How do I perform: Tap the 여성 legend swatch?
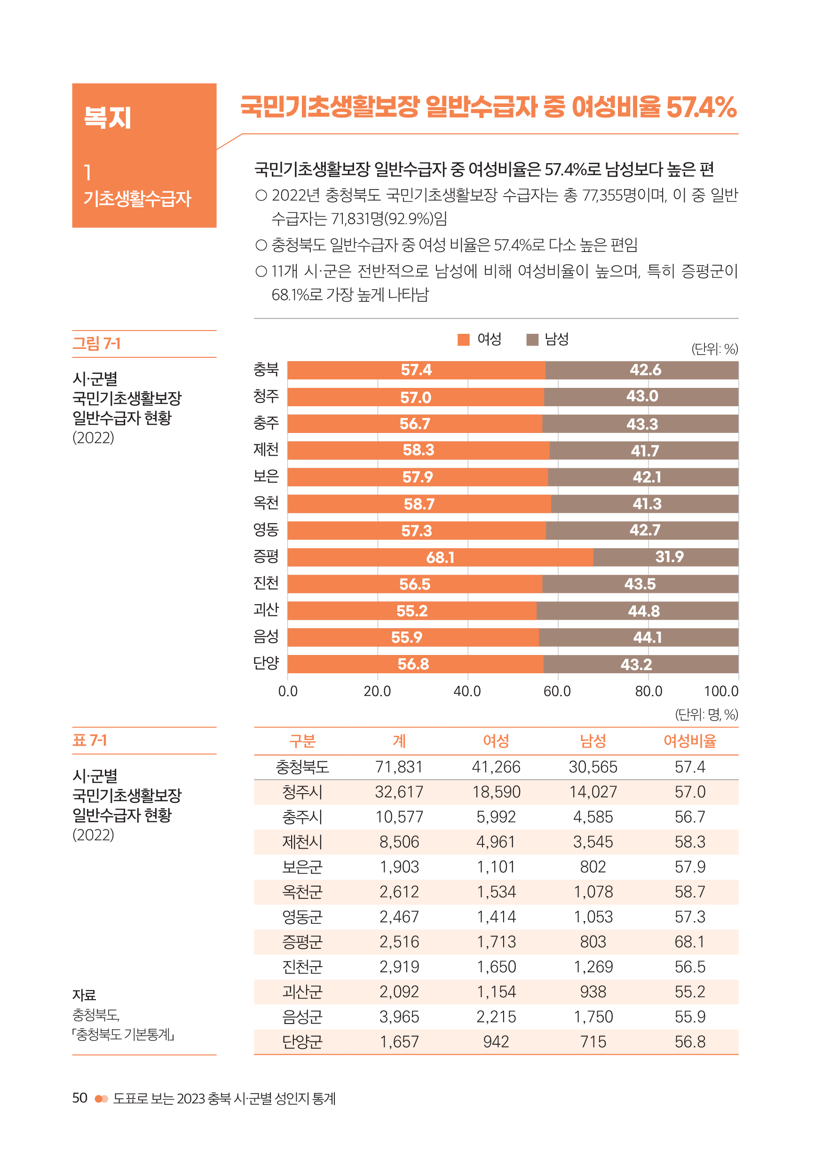(463, 340)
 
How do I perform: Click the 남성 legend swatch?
(532, 340)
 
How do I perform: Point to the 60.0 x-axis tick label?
(557, 691)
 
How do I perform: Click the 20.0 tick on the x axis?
(377, 691)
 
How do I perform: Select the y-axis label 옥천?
(266, 503)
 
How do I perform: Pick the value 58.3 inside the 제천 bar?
(418, 450)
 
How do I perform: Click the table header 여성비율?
(689, 741)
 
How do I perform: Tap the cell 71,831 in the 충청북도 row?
(399, 767)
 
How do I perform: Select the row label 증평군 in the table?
(302, 942)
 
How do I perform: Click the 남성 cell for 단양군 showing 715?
(593, 1042)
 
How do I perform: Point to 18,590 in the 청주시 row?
(496, 792)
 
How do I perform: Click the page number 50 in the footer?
(80, 1098)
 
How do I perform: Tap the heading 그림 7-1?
(96, 344)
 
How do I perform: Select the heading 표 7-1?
(90, 741)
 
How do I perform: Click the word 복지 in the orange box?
(108, 118)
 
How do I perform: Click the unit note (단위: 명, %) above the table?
(706, 715)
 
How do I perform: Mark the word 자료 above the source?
(84, 995)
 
